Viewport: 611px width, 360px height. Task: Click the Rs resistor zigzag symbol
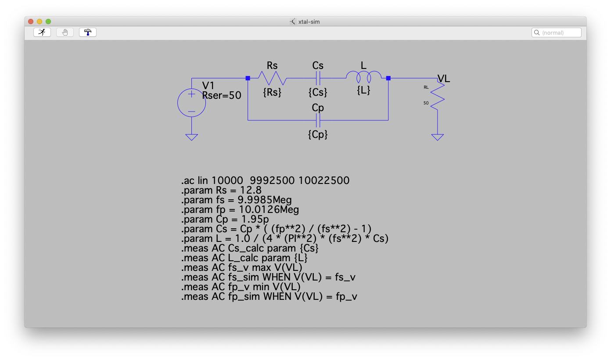click(x=272, y=79)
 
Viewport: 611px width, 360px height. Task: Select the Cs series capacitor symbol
click(x=318, y=79)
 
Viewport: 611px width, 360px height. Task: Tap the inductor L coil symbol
click(x=363, y=78)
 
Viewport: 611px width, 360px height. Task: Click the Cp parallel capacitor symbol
click(x=318, y=120)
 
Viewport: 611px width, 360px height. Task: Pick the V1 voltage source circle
click(x=191, y=103)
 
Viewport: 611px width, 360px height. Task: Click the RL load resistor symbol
click(x=437, y=97)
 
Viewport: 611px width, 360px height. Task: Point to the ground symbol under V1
click(x=191, y=137)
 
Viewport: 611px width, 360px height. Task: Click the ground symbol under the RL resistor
click(x=437, y=137)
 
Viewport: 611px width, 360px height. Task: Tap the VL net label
click(x=443, y=79)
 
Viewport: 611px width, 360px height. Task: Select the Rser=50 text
click(x=222, y=95)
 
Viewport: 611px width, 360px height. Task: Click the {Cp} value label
click(x=318, y=134)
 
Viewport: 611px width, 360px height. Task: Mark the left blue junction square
click(x=248, y=78)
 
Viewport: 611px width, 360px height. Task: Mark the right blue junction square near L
click(x=388, y=78)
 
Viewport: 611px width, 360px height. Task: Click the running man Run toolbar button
click(x=42, y=32)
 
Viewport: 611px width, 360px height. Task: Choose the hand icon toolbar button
click(x=65, y=32)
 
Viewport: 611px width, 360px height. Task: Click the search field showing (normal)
click(x=557, y=32)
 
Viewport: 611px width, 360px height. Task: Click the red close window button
click(x=31, y=21)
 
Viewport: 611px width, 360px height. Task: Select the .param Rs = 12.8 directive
click(x=221, y=190)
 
